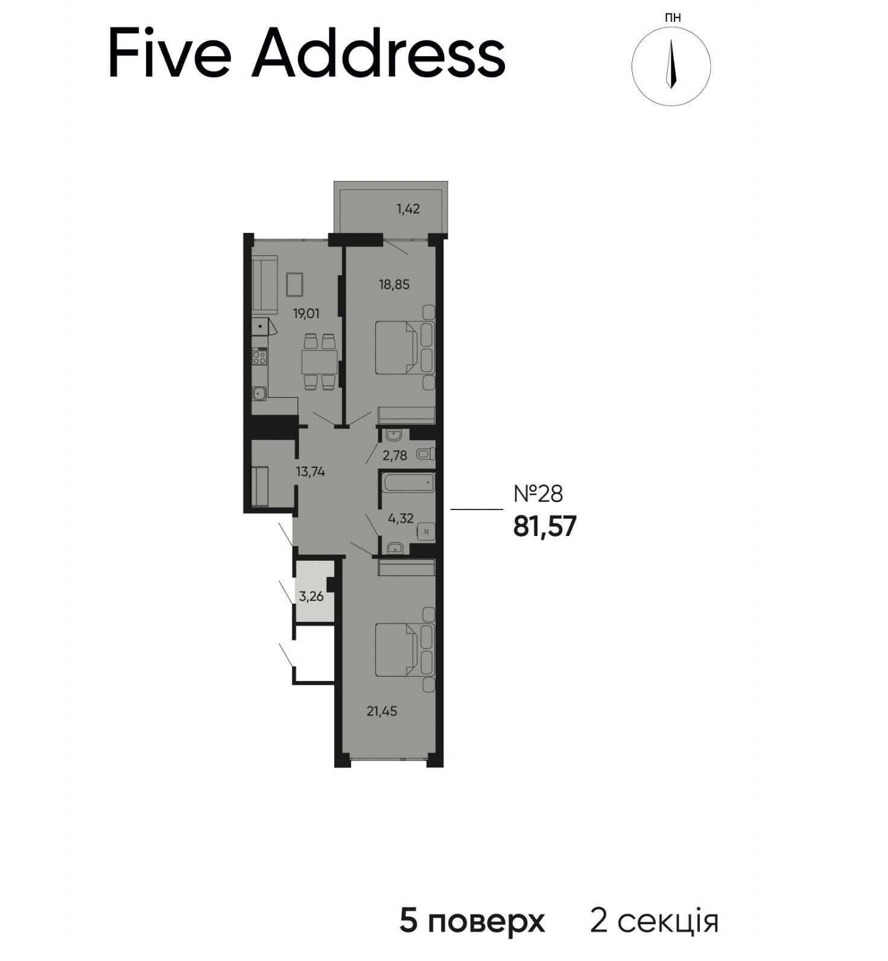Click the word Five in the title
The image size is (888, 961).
pyautogui.click(x=170, y=54)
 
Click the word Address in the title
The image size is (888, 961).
pyautogui.click(x=379, y=54)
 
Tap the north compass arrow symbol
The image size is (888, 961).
pyautogui.click(x=671, y=65)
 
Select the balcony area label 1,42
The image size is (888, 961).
pyautogui.click(x=408, y=209)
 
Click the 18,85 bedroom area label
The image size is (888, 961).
pyautogui.click(x=394, y=284)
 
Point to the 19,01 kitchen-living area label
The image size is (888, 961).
pyautogui.click(x=306, y=313)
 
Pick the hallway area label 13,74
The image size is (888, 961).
pyautogui.click(x=311, y=472)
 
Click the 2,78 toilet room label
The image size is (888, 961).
pyautogui.click(x=395, y=455)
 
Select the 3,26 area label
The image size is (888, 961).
pyautogui.click(x=311, y=597)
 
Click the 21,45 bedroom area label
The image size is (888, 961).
pyautogui.click(x=382, y=712)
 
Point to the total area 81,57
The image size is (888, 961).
pyautogui.click(x=545, y=527)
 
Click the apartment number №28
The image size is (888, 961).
pyautogui.click(x=538, y=494)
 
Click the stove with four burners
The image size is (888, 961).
pyautogui.click(x=259, y=357)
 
